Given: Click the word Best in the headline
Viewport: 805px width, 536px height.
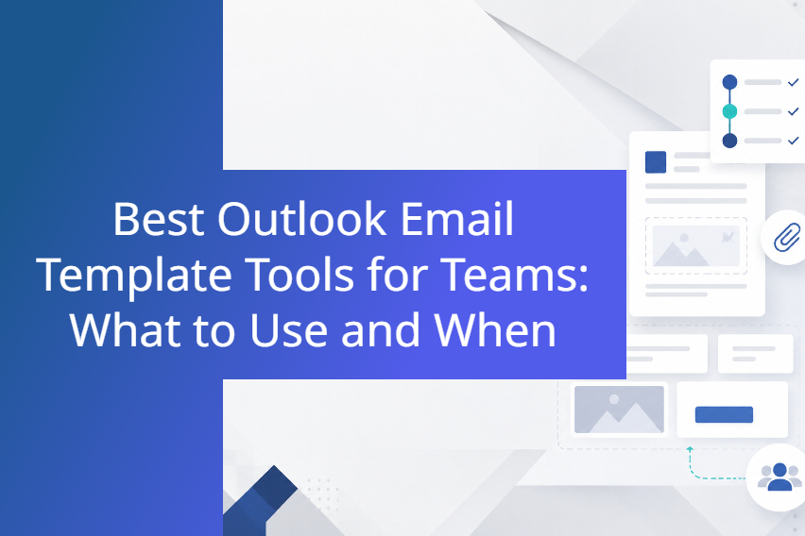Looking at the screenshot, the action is (158, 219).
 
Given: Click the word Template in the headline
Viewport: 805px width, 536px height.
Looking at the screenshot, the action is (134, 276).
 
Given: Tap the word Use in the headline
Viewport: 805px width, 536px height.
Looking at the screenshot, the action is (288, 331).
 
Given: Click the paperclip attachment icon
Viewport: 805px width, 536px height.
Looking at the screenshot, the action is (786, 237).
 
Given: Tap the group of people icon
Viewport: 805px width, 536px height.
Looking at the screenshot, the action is (779, 477).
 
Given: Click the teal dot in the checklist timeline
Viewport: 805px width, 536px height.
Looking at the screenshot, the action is (729, 111).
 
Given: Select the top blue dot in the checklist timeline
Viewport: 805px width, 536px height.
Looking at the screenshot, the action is (729, 82).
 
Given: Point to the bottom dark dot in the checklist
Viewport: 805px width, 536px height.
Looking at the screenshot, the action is (729, 141).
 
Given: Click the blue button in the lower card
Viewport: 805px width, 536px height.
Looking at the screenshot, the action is (724, 414).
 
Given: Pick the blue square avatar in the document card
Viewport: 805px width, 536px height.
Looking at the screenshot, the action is (656, 162).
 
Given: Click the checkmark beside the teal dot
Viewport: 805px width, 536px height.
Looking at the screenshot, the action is (794, 110).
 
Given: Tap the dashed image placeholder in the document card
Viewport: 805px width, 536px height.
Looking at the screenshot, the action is (695, 245).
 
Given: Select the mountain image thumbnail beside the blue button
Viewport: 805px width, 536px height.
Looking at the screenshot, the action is (619, 410).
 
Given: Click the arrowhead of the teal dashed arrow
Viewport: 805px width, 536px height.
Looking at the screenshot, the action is (690, 449).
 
